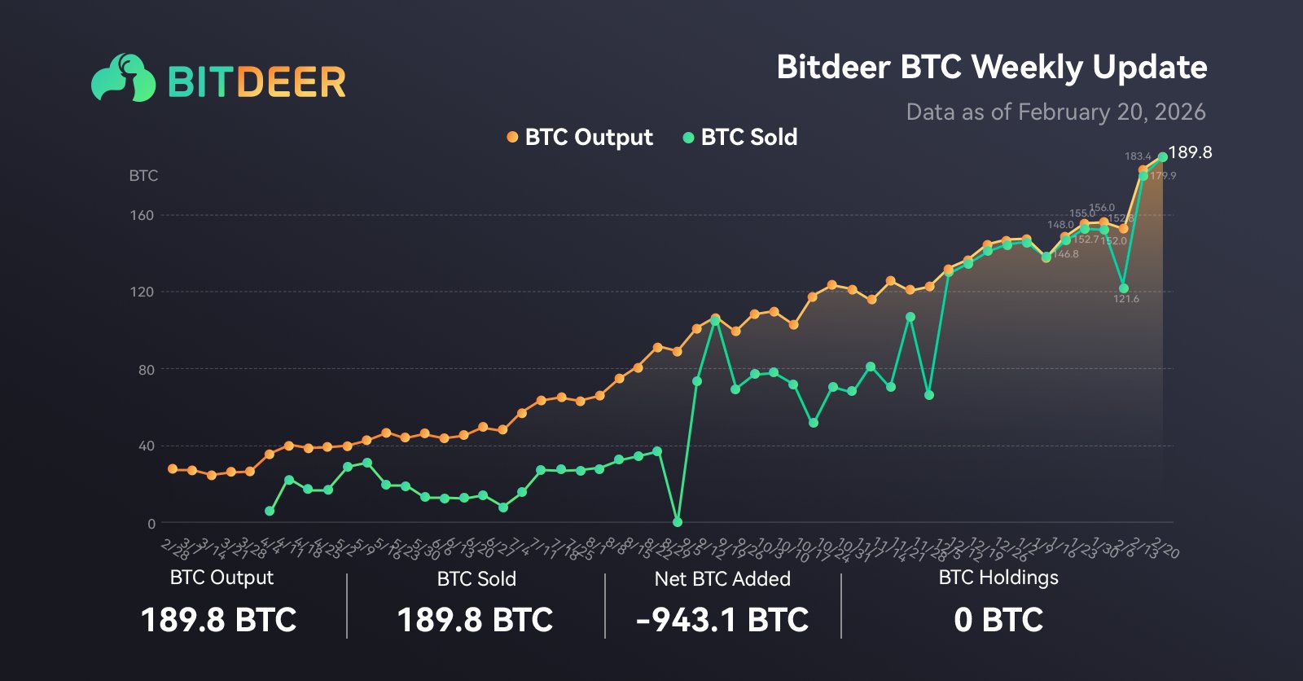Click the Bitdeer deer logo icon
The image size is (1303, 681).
(123, 78)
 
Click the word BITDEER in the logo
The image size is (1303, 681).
(257, 82)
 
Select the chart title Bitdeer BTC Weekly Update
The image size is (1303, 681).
(991, 67)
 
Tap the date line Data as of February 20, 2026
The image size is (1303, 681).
(1055, 112)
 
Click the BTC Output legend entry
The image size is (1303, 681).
(580, 137)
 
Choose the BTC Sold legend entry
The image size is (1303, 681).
(739, 137)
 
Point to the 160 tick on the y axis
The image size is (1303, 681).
(142, 215)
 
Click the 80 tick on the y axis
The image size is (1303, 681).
(146, 370)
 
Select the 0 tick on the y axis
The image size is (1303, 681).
(151, 524)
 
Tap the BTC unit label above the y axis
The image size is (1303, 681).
(143, 175)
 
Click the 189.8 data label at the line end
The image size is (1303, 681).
(1190, 152)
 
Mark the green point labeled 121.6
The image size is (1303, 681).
(1124, 288)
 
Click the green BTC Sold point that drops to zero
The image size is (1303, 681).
(678, 521)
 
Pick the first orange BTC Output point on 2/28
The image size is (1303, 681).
(173, 469)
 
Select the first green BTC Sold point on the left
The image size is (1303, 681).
(270, 511)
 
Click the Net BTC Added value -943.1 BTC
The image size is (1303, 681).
(722, 620)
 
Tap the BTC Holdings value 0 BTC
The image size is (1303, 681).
(998, 620)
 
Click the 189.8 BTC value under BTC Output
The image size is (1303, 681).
(219, 620)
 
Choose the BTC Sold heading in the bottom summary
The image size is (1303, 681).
(476, 579)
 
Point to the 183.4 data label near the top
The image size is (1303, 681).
(1138, 156)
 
